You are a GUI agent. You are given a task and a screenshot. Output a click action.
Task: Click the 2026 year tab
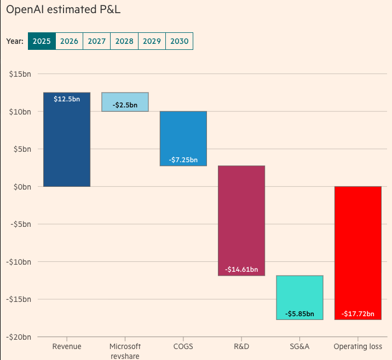[69, 41]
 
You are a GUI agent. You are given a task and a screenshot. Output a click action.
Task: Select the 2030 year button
[179, 41]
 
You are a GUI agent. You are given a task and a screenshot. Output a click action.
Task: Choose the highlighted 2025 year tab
[42, 41]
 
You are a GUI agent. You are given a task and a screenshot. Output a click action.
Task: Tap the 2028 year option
[124, 41]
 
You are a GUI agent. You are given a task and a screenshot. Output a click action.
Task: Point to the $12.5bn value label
[67, 99]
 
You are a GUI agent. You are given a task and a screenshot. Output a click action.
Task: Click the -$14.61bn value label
[241, 270]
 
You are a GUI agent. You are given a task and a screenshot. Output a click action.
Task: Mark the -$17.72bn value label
[358, 314]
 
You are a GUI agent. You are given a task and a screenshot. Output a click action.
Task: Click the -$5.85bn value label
[299, 314]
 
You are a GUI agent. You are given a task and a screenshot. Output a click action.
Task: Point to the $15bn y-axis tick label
[20, 74]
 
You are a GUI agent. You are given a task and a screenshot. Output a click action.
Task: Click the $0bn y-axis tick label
[22, 186]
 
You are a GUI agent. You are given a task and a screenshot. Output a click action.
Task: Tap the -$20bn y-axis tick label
[19, 336]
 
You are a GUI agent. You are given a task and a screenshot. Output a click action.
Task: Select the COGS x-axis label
[183, 346]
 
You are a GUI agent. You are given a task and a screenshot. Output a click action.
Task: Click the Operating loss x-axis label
[358, 346]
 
